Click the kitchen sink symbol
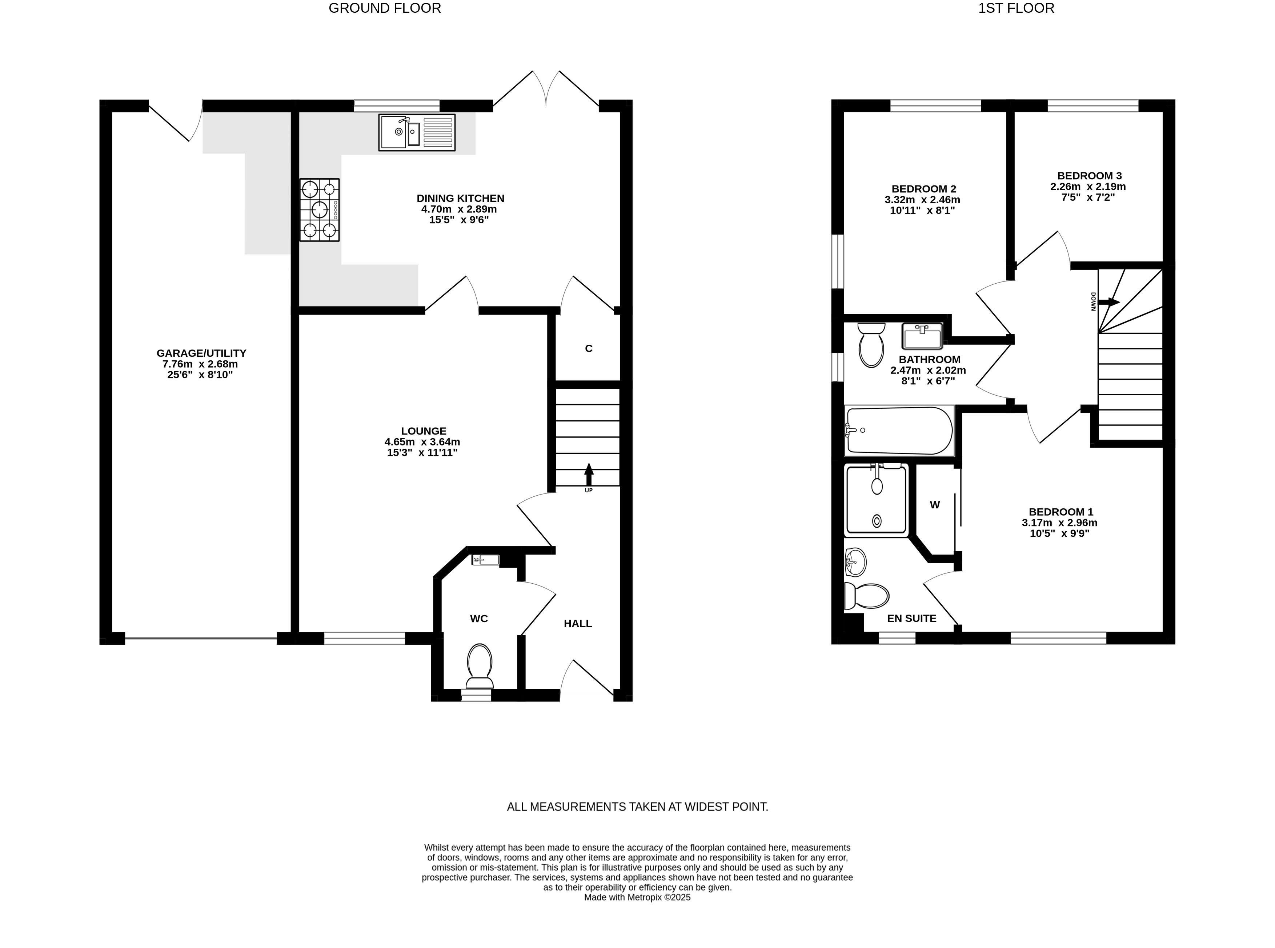pos(417,133)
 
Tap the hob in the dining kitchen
pos(320,209)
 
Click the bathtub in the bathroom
pos(899,431)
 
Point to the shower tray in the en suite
pos(876,500)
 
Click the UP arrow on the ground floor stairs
pos(589,475)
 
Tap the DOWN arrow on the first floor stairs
pos(1108,302)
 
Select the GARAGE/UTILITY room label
pos(201,353)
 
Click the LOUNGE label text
pos(424,431)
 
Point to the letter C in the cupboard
pos(589,348)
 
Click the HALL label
pos(578,624)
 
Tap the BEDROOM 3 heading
pos(1082,176)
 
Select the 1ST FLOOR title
pos(1016,8)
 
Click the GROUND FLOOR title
pos(384,8)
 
